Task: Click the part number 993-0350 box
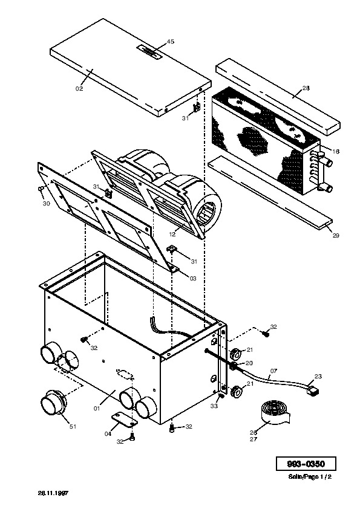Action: click(306, 464)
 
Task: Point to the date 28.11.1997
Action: click(53, 493)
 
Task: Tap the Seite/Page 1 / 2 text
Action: click(310, 477)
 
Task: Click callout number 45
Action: click(171, 41)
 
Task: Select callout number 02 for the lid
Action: click(79, 89)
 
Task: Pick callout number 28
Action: click(306, 88)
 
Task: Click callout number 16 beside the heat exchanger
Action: click(336, 151)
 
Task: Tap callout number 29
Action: click(336, 235)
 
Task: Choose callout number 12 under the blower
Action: click(172, 234)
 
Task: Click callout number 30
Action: click(46, 204)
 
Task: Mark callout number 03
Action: click(192, 278)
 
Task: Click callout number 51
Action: click(73, 426)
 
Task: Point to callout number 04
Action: click(108, 433)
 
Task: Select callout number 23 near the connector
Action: click(318, 376)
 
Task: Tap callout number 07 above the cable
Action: click(273, 371)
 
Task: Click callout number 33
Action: click(214, 406)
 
